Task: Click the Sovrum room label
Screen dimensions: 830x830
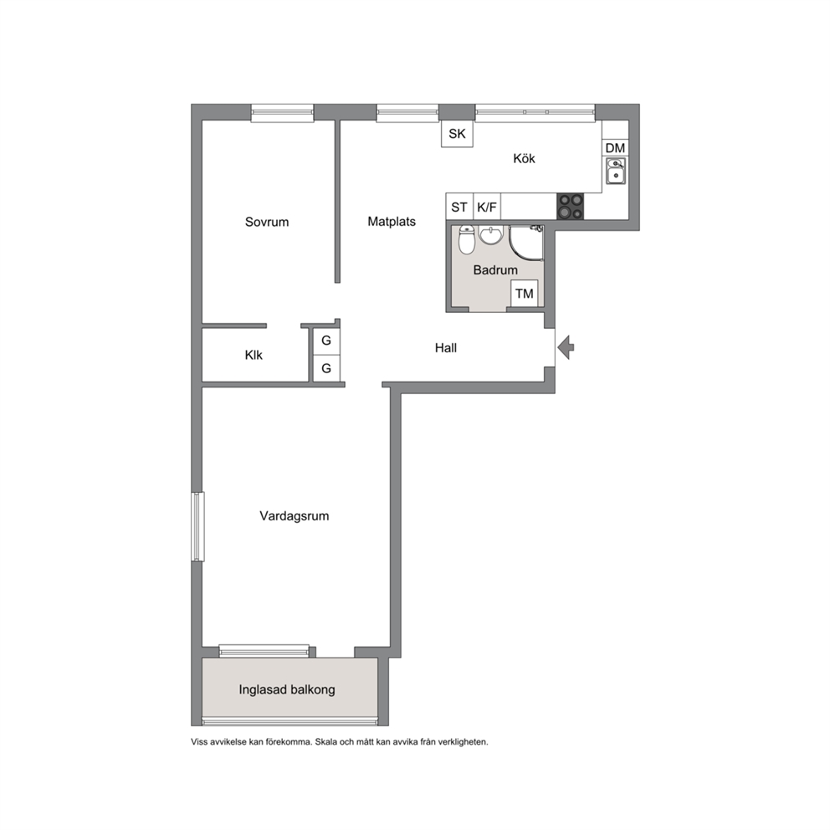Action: pos(267,222)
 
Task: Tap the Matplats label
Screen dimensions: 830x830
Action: pos(392,221)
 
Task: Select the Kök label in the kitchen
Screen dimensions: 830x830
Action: pos(524,158)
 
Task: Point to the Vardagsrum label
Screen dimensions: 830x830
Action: pos(295,516)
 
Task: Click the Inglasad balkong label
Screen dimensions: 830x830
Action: pos(287,689)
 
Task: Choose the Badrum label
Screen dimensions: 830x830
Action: pos(495,270)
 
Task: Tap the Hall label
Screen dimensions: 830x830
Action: pos(446,348)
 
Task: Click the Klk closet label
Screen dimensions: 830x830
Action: pos(254,356)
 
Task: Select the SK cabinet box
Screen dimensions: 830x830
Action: pos(458,133)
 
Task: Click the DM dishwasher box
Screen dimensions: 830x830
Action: pos(615,148)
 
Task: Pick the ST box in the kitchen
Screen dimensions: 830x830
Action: pos(459,207)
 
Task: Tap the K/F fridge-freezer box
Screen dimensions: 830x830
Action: pos(487,207)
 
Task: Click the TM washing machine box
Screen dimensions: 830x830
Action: pos(525,294)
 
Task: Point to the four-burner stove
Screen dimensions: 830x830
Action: pos(570,207)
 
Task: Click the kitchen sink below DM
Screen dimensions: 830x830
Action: pos(616,171)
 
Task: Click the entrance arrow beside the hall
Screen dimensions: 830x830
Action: pos(566,347)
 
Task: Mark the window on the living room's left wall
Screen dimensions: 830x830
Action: pos(197,526)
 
